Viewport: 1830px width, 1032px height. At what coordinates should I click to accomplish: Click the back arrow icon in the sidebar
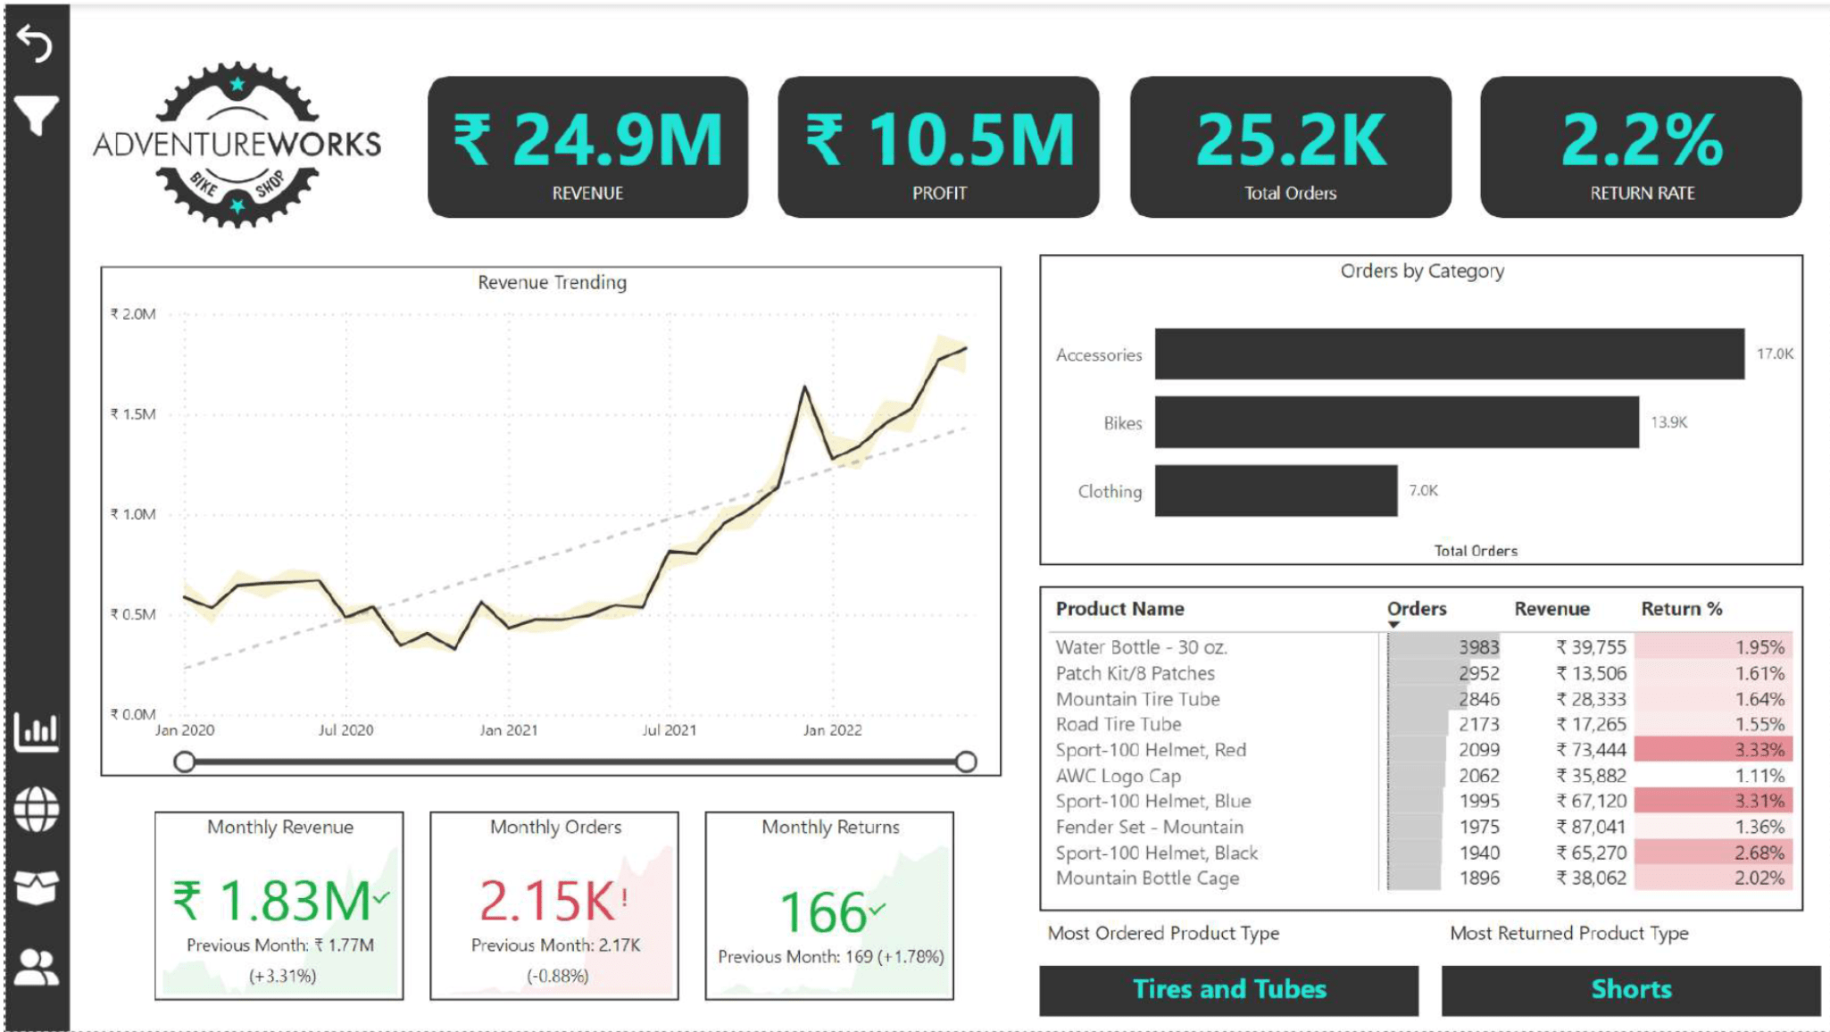(x=36, y=43)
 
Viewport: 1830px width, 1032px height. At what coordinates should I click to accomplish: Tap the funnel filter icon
(x=36, y=115)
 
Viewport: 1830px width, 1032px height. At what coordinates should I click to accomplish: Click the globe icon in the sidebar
(x=37, y=810)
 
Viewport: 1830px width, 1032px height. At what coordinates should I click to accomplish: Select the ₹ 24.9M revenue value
(x=587, y=141)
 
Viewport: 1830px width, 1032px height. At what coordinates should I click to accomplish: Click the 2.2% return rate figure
(x=1641, y=141)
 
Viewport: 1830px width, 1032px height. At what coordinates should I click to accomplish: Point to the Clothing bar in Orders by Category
(x=1276, y=490)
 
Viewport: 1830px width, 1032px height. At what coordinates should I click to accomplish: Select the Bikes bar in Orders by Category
(x=1396, y=422)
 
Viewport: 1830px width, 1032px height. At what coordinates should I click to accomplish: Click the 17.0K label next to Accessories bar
(x=1774, y=354)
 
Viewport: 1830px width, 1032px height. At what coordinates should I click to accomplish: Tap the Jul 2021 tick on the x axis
(x=669, y=730)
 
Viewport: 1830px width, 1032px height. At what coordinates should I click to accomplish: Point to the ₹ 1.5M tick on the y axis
(x=133, y=414)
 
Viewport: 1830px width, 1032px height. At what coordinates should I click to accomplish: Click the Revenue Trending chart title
(x=552, y=282)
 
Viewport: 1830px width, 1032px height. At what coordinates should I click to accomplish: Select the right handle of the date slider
(x=965, y=762)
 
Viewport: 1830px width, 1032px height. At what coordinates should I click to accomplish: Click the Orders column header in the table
(x=1416, y=609)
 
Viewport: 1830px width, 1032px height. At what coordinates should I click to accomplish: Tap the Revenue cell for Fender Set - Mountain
(x=1591, y=827)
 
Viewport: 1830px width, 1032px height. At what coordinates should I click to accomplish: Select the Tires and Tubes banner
(x=1228, y=989)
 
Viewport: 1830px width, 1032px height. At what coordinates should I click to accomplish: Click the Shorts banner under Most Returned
(x=1630, y=989)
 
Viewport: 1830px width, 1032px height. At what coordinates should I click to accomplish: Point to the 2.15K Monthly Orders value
(x=546, y=901)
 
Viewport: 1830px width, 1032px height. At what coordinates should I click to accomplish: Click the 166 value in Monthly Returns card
(x=823, y=912)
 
